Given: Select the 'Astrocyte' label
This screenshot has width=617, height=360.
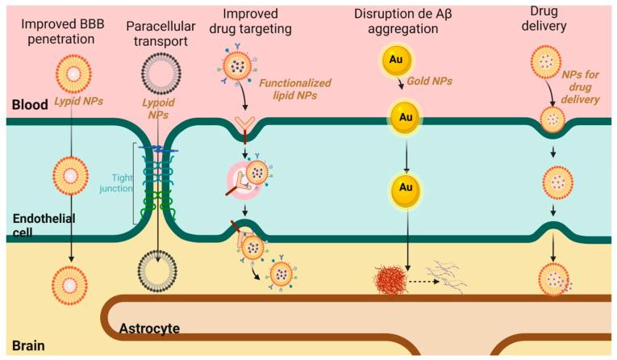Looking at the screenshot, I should click(149, 329).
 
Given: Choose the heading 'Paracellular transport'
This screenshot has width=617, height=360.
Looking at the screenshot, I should click(157, 27).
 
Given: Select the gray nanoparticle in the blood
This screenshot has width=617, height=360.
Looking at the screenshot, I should click(153, 73).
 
